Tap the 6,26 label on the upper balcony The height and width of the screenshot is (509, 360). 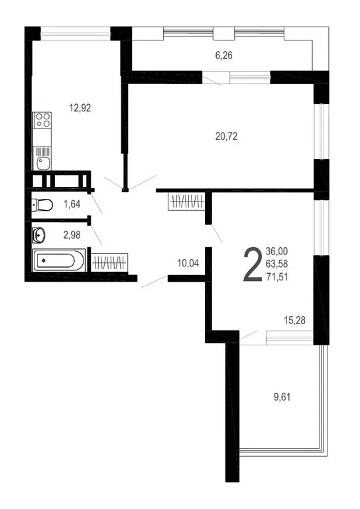point(225,56)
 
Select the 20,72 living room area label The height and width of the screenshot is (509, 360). point(226,137)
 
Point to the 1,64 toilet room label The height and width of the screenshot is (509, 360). point(72,204)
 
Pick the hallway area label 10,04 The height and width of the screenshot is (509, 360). point(188,263)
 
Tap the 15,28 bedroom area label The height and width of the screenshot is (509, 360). point(293,321)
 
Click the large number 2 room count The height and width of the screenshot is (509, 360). point(252,264)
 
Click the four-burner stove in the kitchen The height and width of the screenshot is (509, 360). point(43,121)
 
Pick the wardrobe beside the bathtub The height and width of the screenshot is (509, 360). point(108,262)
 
